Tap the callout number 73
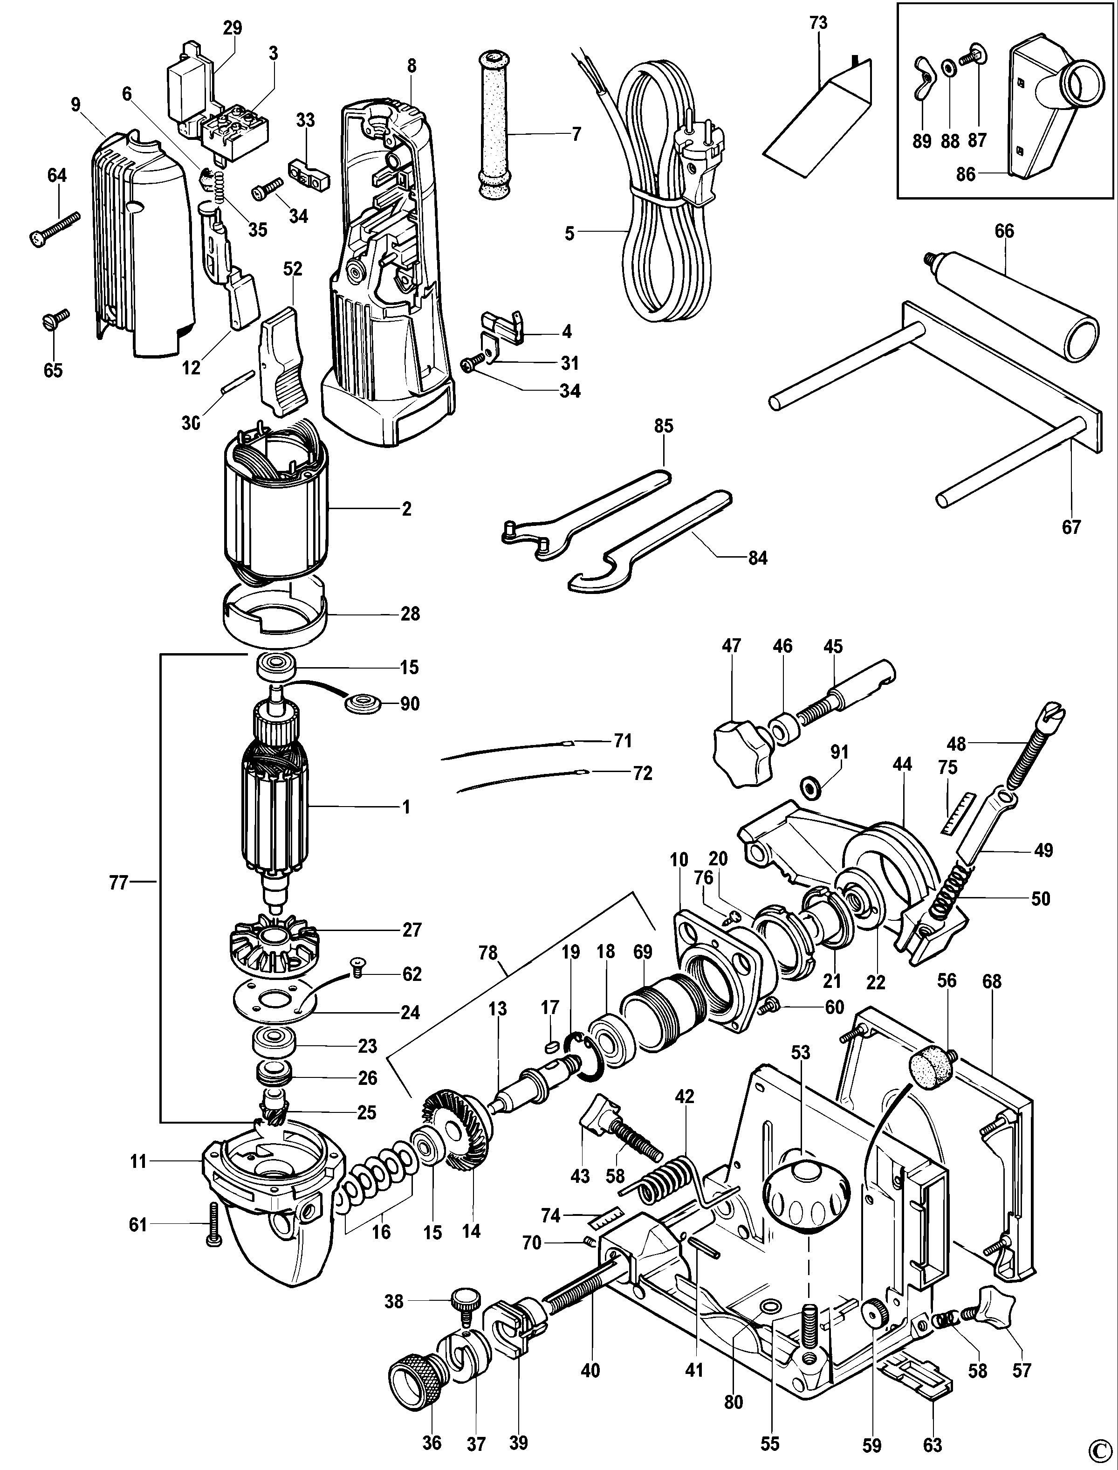point(818,23)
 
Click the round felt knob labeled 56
point(932,1063)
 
